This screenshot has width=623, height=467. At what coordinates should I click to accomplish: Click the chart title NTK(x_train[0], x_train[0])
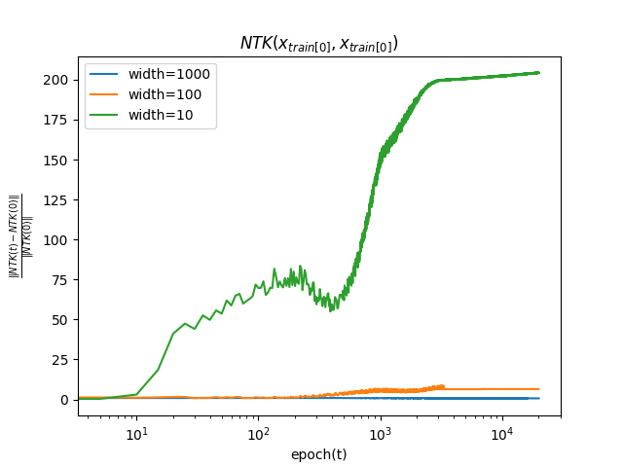(318, 44)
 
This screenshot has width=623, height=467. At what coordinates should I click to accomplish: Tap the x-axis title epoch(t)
(318, 454)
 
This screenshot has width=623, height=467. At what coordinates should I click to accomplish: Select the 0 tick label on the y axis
(66, 400)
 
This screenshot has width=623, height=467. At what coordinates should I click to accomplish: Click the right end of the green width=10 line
(538, 73)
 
